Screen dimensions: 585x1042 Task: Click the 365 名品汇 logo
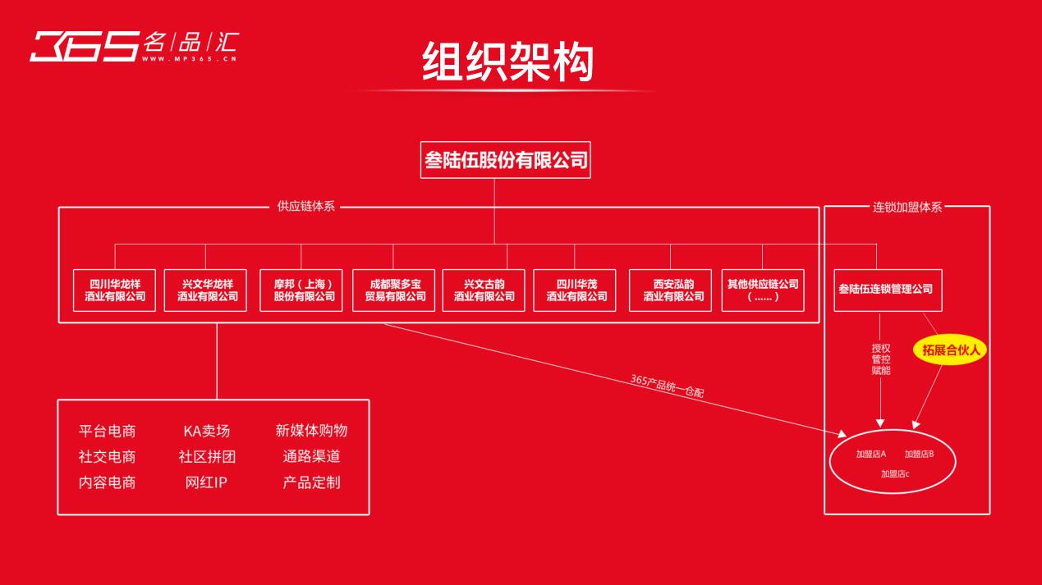133,47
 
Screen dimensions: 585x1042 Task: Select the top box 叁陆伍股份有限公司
506,160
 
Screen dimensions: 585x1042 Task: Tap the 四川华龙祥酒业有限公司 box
114,290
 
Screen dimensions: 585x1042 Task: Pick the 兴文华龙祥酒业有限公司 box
207,290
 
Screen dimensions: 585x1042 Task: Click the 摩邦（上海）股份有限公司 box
301,290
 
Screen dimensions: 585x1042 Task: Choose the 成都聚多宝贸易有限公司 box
393,290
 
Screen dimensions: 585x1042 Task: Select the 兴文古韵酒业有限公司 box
484,290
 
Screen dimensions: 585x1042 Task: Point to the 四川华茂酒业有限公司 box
575,290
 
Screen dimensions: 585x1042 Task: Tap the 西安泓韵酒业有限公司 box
671,290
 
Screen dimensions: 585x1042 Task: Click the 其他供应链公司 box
763,290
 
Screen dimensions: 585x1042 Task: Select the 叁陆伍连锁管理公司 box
887,290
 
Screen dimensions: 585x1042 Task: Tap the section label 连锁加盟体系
907,207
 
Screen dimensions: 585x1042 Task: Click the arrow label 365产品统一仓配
667,386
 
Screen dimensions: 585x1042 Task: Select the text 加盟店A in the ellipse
871,454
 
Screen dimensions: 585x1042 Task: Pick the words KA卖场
207,431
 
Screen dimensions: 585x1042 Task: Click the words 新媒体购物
311,431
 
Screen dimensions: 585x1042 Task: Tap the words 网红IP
206,482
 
